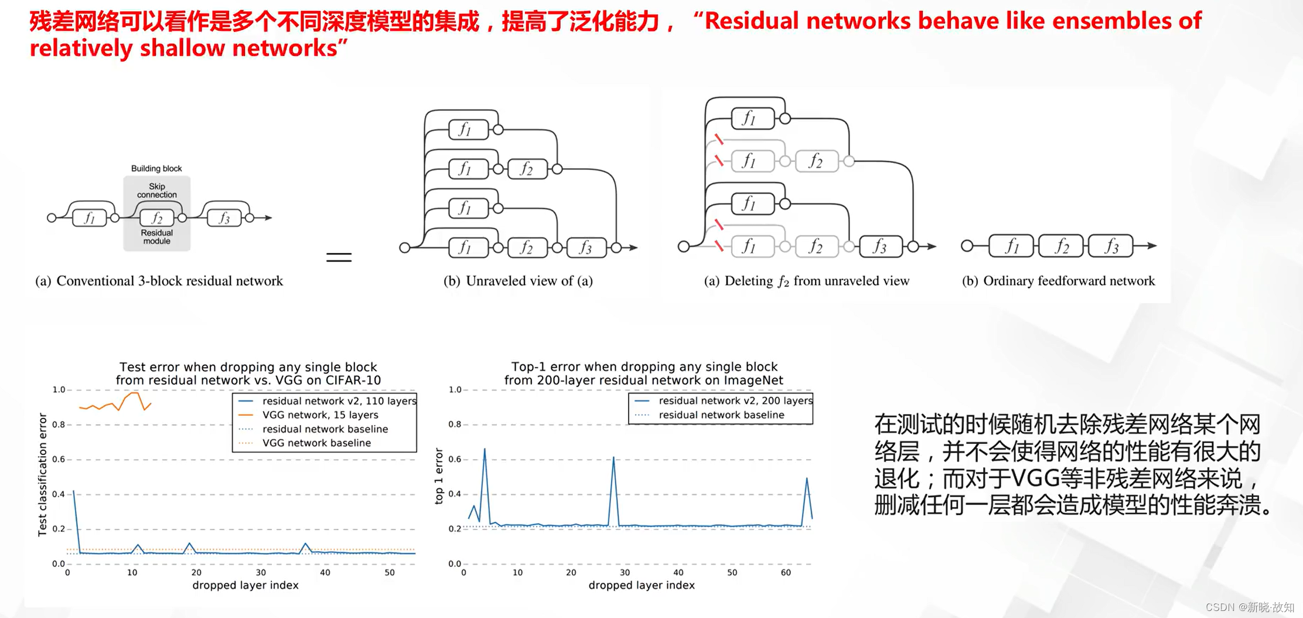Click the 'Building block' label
156,168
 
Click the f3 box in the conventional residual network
224,218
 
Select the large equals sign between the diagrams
339,257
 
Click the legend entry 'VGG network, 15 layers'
320,415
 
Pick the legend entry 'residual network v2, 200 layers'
735,401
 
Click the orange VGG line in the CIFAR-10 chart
111,405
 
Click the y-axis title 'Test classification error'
42,474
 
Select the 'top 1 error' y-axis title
439,476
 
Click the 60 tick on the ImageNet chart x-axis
786,572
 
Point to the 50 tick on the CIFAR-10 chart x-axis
390,572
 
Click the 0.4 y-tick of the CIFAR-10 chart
59,494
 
